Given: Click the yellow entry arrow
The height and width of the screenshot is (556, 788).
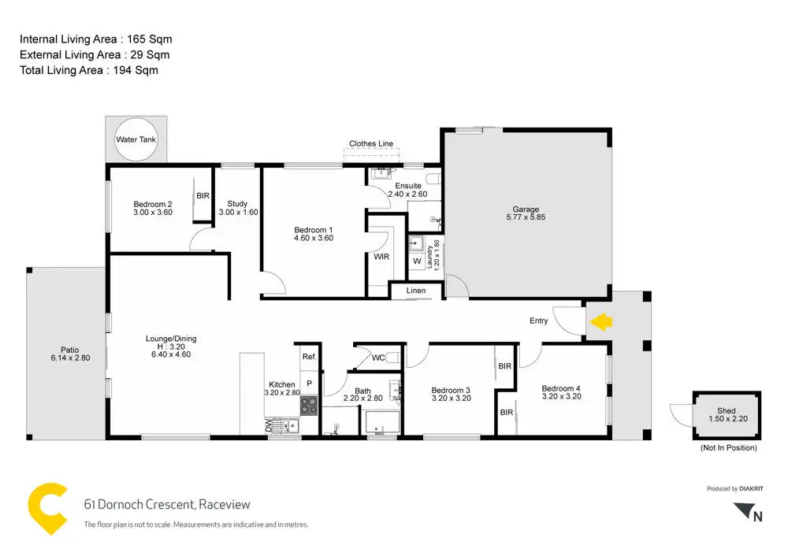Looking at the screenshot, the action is pos(601,321).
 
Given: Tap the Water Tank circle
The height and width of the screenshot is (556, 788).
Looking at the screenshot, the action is pos(137,139).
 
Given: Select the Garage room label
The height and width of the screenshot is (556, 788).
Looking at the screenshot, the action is pos(526,209).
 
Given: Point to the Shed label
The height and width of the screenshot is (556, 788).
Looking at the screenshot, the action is pos(727,410).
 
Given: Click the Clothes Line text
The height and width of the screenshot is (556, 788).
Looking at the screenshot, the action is pos(371,144).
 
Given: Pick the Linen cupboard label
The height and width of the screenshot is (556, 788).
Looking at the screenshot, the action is pos(416,291).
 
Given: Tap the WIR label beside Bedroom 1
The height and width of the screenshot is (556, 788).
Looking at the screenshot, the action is pos(381,257).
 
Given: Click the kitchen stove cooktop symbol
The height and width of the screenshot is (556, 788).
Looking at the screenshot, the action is pos(308,406).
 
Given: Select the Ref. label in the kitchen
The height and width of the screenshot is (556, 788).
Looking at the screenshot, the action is pos(309,357).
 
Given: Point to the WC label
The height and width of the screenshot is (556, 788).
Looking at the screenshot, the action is pos(378,358).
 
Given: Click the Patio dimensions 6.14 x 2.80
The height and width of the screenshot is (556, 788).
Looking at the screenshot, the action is pos(69,358).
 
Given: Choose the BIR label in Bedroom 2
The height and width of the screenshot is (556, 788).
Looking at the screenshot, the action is pos(203,195).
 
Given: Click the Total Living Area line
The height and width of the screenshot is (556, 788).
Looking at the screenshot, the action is pos(89,70).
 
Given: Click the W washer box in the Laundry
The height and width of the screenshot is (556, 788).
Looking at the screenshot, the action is pos(417,261).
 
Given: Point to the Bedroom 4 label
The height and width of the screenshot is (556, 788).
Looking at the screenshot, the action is pos(561,388).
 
